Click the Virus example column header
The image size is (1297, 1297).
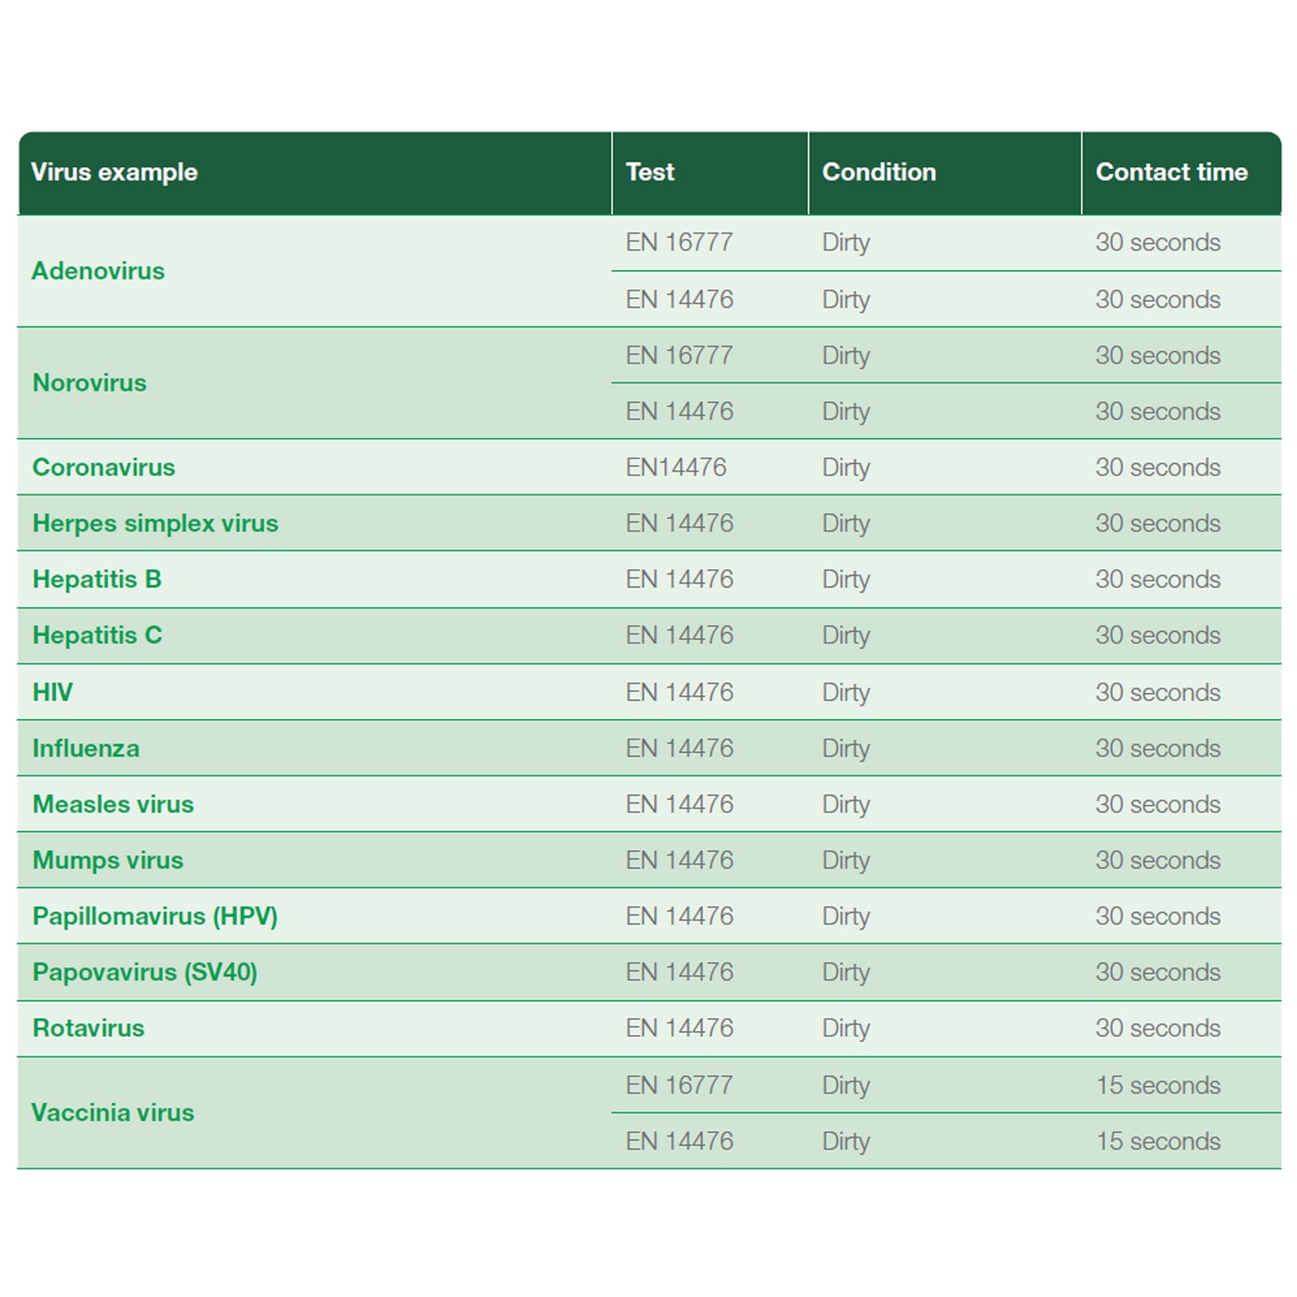point(114,172)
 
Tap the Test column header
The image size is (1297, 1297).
point(650,172)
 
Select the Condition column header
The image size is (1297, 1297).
point(879,172)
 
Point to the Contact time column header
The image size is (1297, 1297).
point(1171,172)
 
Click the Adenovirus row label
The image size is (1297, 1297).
point(98,271)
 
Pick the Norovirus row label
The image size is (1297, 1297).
point(90,383)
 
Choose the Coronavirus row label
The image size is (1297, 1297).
point(104,468)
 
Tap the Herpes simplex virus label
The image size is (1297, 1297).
point(155,523)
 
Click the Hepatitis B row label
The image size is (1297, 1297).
point(97,580)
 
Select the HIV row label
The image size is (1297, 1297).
point(53,692)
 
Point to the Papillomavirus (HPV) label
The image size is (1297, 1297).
point(155,916)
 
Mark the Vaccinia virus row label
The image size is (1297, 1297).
point(113,1113)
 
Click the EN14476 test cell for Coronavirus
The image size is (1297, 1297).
point(676,468)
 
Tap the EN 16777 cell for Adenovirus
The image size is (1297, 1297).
point(679,242)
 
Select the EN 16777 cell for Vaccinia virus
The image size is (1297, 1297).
point(679,1085)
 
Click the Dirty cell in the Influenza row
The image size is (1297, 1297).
point(846,749)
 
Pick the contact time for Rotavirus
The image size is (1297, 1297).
point(1158,1029)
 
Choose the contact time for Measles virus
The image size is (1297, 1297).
point(1158,804)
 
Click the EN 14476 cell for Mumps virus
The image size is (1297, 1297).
point(679,861)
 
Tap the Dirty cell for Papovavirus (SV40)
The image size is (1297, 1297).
point(846,972)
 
